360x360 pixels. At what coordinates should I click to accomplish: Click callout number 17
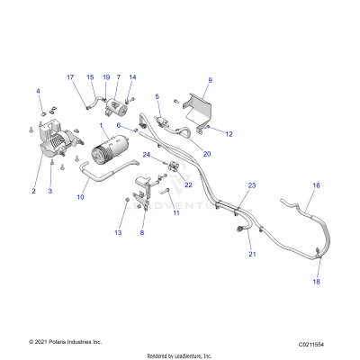pyautogui.click(x=72, y=77)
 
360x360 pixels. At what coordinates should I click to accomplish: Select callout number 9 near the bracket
pyautogui.click(x=210, y=81)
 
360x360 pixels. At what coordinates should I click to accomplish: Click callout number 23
pyautogui.click(x=252, y=185)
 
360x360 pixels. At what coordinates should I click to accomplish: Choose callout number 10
pyautogui.click(x=81, y=196)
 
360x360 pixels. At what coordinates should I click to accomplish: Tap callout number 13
pyautogui.click(x=117, y=233)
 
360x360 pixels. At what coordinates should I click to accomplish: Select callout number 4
pyautogui.click(x=39, y=91)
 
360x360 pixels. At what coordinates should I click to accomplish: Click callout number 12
pyautogui.click(x=229, y=134)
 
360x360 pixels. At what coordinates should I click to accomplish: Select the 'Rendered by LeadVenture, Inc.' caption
pyautogui.click(x=180, y=355)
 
